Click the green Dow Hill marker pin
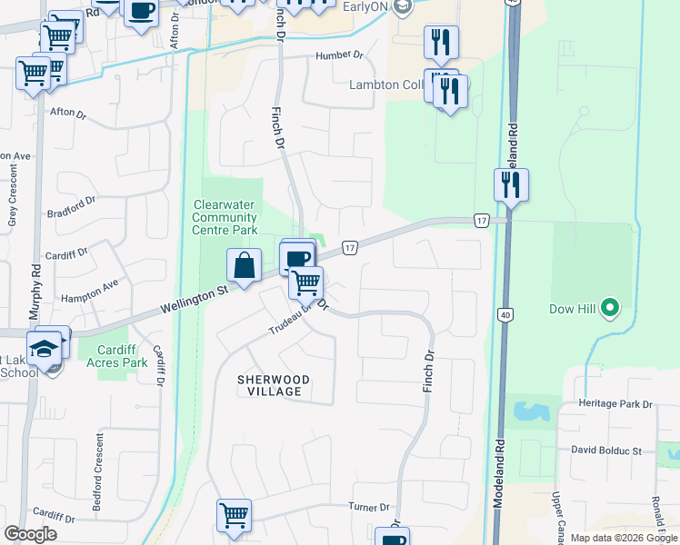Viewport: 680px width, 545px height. pyautogui.click(x=609, y=310)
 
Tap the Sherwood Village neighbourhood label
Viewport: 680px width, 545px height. pyautogui.click(x=274, y=385)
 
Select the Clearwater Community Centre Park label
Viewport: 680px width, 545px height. pyautogui.click(x=225, y=217)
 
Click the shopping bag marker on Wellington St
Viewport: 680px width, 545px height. pyautogui.click(x=244, y=267)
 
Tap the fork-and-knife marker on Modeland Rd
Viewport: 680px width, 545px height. pyautogui.click(x=511, y=185)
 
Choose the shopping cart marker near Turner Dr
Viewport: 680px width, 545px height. pyautogui.click(x=234, y=516)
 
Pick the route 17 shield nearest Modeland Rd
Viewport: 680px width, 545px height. pyautogui.click(x=481, y=221)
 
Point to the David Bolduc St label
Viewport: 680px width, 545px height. pyautogui.click(x=606, y=450)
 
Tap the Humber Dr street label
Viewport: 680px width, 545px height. pyautogui.click(x=339, y=55)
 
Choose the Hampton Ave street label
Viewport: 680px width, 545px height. pyautogui.click(x=90, y=291)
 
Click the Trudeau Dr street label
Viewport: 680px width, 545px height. pyautogui.click(x=291, y=319)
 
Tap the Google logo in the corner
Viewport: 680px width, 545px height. pyautogui.click(x=31, y=534)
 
